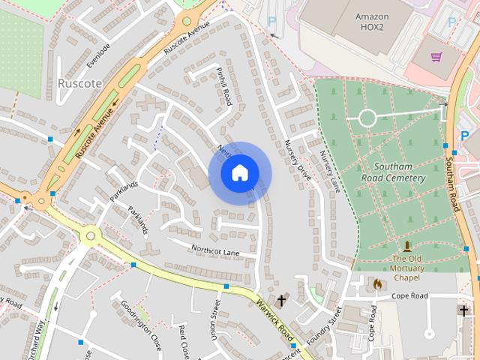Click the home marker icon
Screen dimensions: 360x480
pyautogui.click(x=239, y=173)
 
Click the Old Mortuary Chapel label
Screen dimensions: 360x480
pyautogui.click(x=407, y=264)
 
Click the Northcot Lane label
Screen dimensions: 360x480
pyautogui.click(x=214, y=252)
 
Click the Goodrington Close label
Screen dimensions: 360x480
pyautogui.click(x=141, y=325)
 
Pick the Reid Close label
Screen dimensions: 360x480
pyautogui.click(x=183, y=342)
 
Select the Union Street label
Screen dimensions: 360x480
pyautogui.click(x=214, y=319)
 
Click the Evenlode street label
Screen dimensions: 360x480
pyautogui.click(x=98, y=55)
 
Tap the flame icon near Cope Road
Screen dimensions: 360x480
pyautogui.click(x=377, y=285)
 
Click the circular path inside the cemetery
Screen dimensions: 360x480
pyautogui.click(x=367, y=118)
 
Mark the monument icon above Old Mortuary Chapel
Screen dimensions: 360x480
pyautogui.click(x=407, y=246)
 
